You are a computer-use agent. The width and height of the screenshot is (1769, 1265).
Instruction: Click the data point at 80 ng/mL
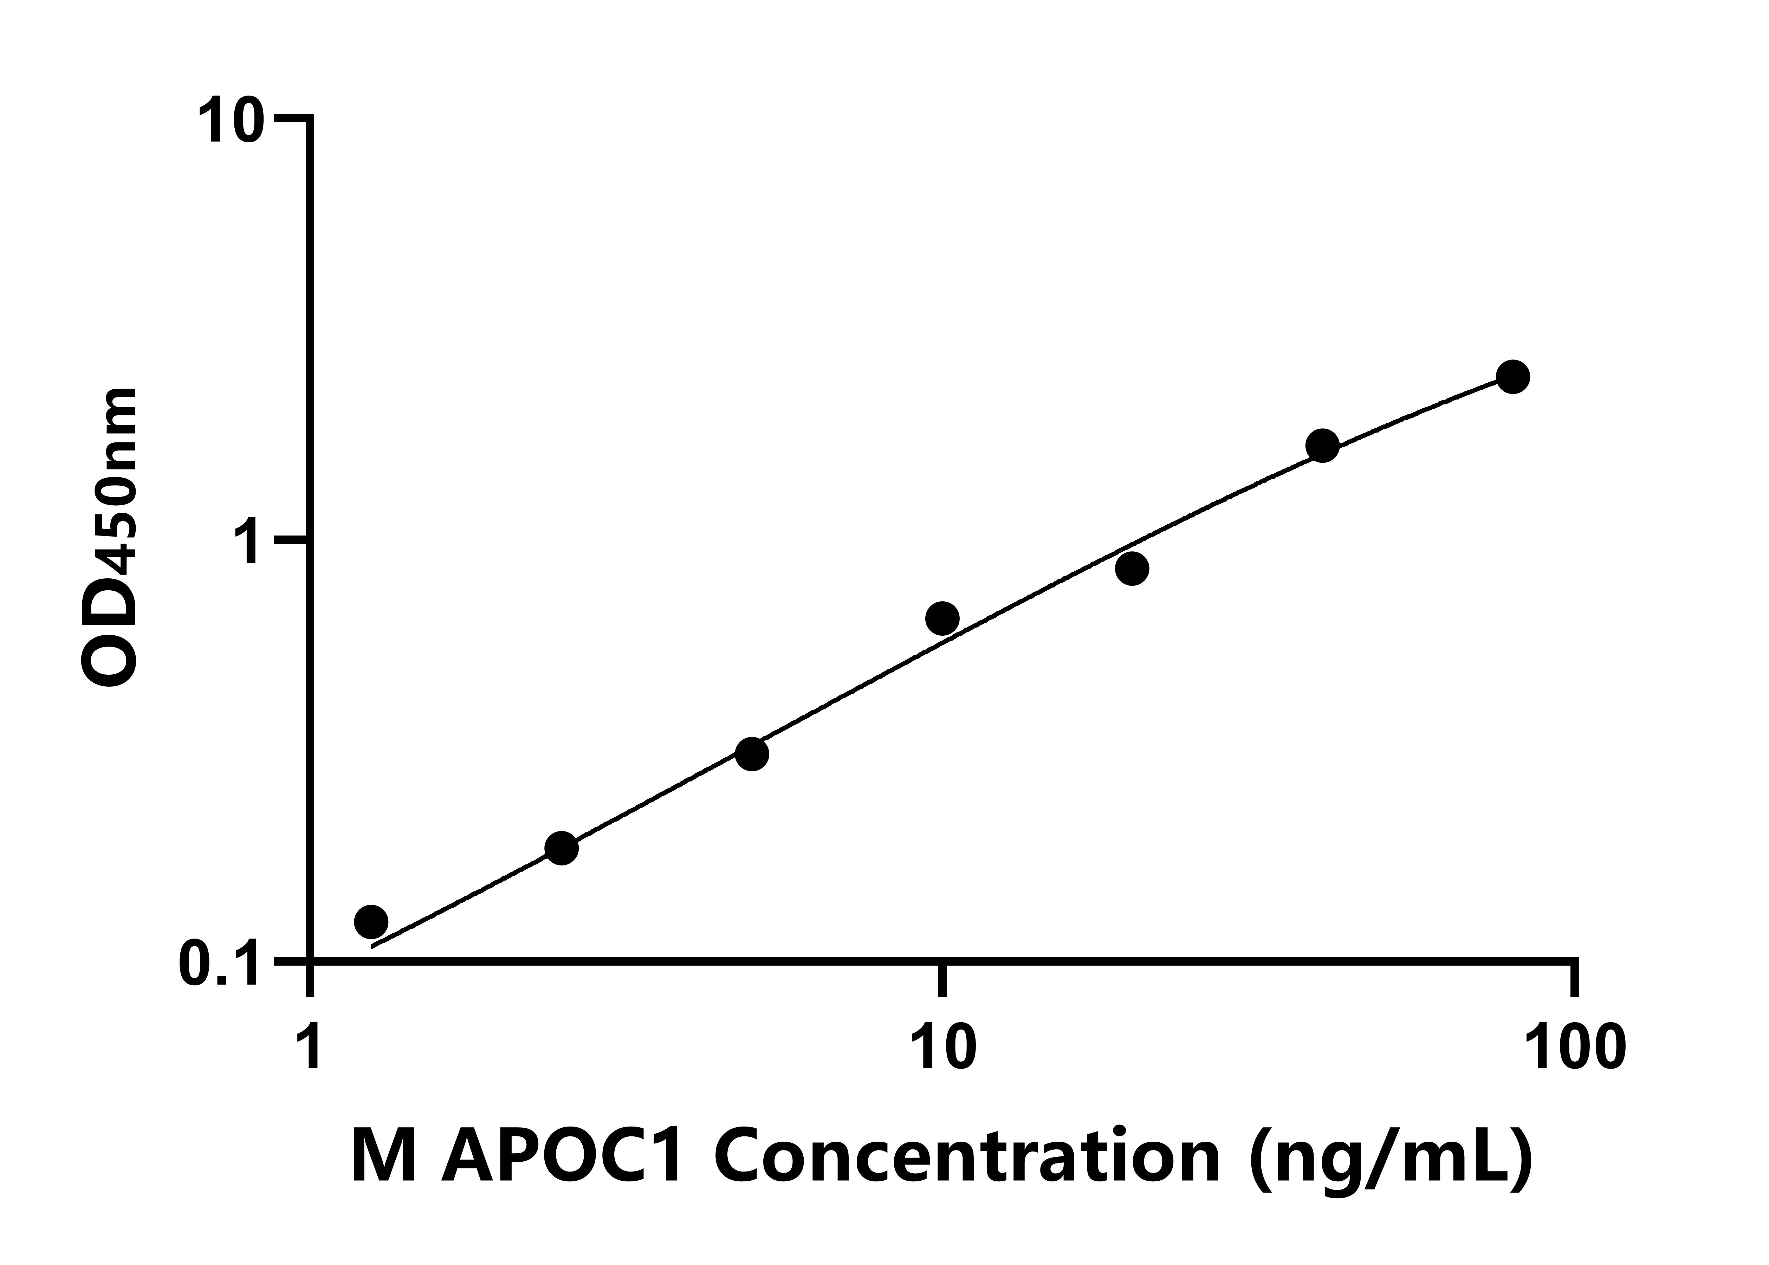pyautogui.click(x=1512, y=377)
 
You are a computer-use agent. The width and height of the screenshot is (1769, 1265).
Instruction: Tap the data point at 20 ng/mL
pyautogui.click(x=1132, y=569)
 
